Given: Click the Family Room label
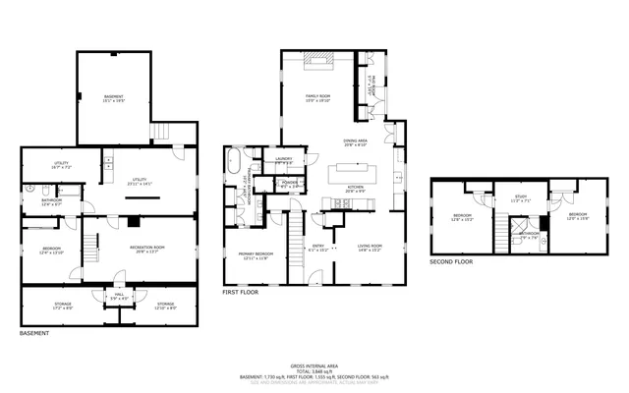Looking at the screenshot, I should pos(316,97).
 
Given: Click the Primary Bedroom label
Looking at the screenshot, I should pos(256,255).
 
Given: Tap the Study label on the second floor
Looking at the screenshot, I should pos(520,197).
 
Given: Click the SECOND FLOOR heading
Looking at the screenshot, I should pos(451,262).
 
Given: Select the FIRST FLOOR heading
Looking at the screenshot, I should pos(241,293).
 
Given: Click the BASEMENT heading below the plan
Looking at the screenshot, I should pos(34,333).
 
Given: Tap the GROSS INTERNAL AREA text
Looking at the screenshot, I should pos(314,365).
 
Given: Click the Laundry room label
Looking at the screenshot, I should pos(284,159).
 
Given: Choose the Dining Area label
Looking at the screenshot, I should pos(355,142).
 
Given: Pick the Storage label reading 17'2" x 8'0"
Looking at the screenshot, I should pos(63,306).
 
